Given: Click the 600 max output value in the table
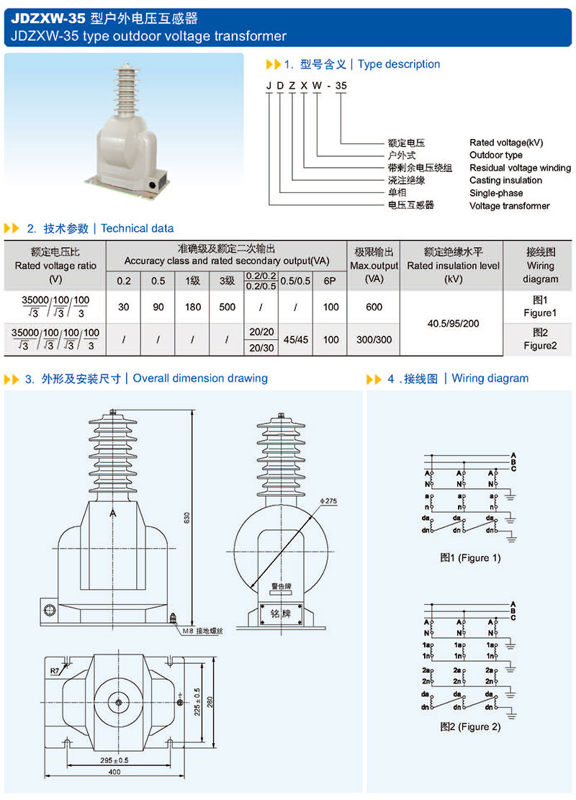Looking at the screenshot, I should (374, 307).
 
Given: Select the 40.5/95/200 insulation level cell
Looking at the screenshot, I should (452, 323).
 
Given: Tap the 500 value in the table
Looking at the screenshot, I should (227, 307).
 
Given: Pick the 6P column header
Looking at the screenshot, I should (330, 281).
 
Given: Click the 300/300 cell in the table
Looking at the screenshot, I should (374, 339).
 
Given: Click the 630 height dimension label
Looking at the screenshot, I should (186, 518).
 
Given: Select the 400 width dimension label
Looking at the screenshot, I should (114, 772).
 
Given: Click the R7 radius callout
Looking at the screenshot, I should (55, 671).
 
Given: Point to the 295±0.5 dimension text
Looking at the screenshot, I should (115, 760).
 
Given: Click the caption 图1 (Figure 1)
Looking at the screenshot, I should (470, 557).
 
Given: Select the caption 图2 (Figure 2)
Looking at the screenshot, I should (470, 727).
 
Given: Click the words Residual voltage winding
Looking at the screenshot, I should (520, 168).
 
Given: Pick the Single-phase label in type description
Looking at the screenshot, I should (496, 193).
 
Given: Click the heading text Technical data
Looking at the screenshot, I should (138, 228).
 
